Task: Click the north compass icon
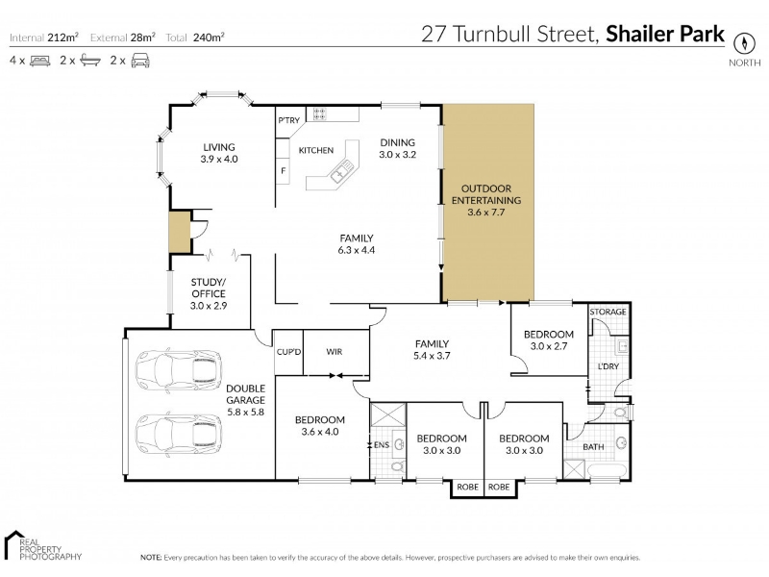click(x=743, y=43)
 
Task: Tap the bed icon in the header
click(x=39, y=61)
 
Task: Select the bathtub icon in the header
click(x=90, y=61)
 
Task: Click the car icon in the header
click(x=140, y=61)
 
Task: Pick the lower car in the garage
click(x=179, y=434)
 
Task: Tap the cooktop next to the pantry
click(x=319, y=114)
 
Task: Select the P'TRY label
click(x=289, y=120)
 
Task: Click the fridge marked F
click(x=283, y=171)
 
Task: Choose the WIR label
click(x=334, y=352)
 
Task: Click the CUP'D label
click(x=289, y=352)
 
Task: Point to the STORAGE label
click(x=608, y=312)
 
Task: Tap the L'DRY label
click(x=608, y=366)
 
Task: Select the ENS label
click(x=382, y=445)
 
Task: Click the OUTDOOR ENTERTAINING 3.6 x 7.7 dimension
click(x=486, y=213)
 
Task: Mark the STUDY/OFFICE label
click(x=209, y=288)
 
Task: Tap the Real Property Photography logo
click(x=42, y=545)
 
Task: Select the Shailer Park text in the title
click(x=665, y=35)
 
